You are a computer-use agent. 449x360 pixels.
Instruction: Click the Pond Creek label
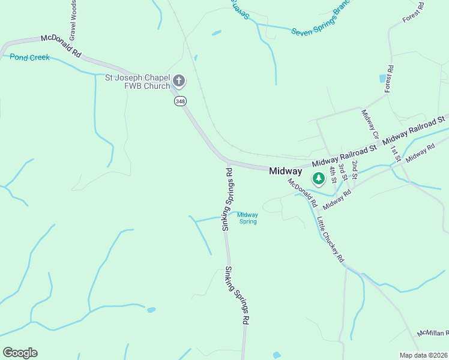(29, 58)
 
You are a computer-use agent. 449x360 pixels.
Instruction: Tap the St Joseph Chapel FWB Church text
(137, 81)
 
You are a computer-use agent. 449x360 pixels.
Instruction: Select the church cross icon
(178, 81)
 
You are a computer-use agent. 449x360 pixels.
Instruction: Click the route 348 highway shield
(181, 101)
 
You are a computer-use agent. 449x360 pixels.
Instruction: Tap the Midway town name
(285, 171)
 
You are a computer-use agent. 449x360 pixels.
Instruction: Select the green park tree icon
(318, 178)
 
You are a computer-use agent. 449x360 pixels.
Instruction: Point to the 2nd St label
(355, 170)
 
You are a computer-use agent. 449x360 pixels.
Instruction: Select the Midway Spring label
(247, 218)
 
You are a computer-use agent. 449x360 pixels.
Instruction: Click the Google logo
(20, 353)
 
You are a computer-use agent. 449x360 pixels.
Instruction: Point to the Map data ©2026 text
(423, 355)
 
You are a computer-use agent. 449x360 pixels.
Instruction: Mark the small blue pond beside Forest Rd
(382, 79)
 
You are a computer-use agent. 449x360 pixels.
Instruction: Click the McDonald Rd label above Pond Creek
(61, 46)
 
